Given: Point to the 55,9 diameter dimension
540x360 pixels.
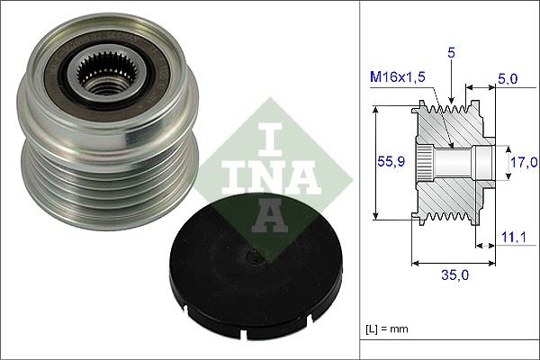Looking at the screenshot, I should tap(387, 162).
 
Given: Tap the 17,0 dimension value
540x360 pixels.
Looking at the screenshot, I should tap(519, 163).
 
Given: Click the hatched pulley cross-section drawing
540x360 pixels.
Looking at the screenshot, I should tap(450, 162).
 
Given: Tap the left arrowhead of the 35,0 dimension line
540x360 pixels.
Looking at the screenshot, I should tap(413, 264).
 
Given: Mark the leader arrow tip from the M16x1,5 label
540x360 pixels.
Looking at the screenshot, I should tap(449, 144).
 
